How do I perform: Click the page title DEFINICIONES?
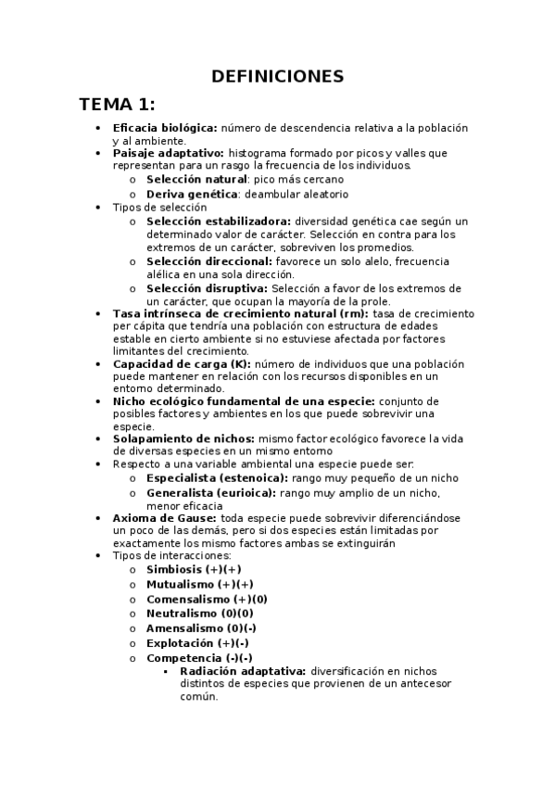click(x=277, y=76)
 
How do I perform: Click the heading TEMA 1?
click(x=117, y=103)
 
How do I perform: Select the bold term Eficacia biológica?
click(x=165, y=127)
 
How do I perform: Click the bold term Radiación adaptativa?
click(x=243, y=671)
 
